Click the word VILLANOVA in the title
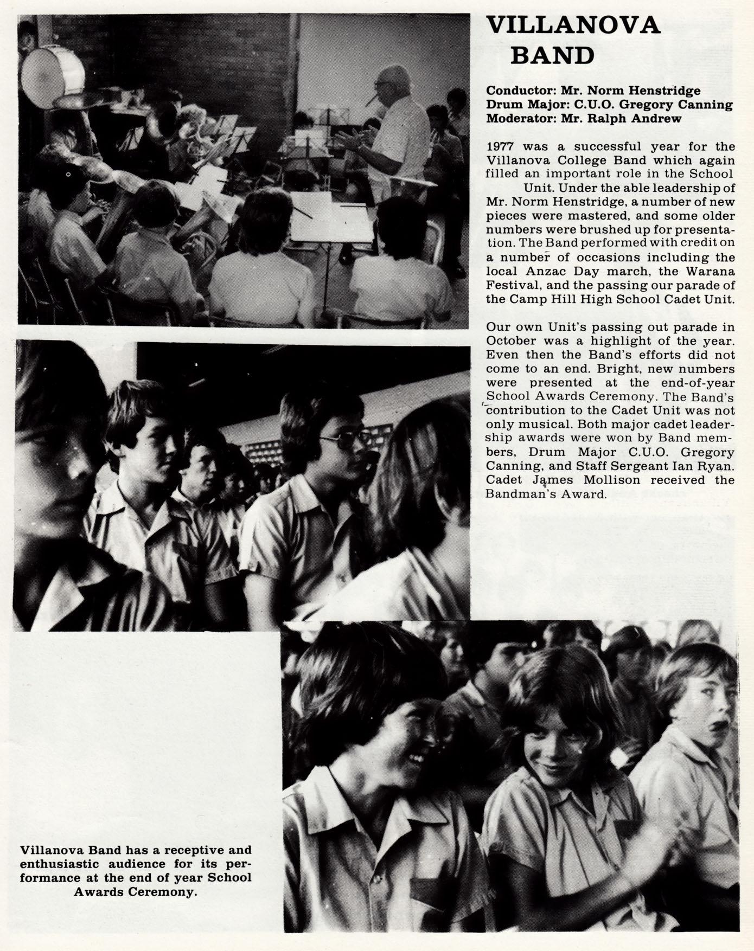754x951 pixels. pos(573,26)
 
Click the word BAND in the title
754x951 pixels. pos(552,55)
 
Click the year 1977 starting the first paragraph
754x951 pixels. pos(500,147)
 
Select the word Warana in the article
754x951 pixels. pos(711,271)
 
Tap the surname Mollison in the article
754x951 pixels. pos(614,480)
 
